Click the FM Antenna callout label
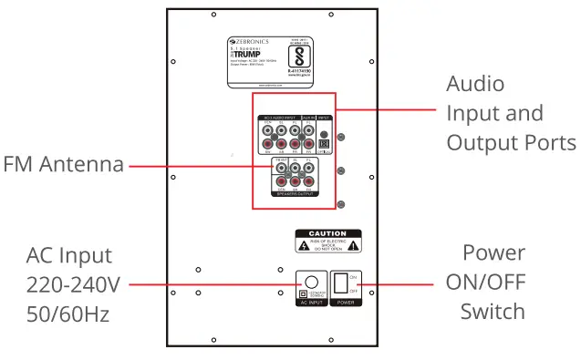pyautogui.click(x=63, y=166)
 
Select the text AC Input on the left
pyautogui.click(x=69, y=255)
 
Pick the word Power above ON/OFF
pyautogui.click(x=493, y=252)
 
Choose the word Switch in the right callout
pyautogui.click(x=493, y=311)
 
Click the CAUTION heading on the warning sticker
pyautogui.click(x=327, y=234)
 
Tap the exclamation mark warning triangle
pyautogui.click(x=353, y=246)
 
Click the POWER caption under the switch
pyautogui.click(x=344, y=303)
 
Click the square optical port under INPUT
pyautogui.click(x=322, y=143)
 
